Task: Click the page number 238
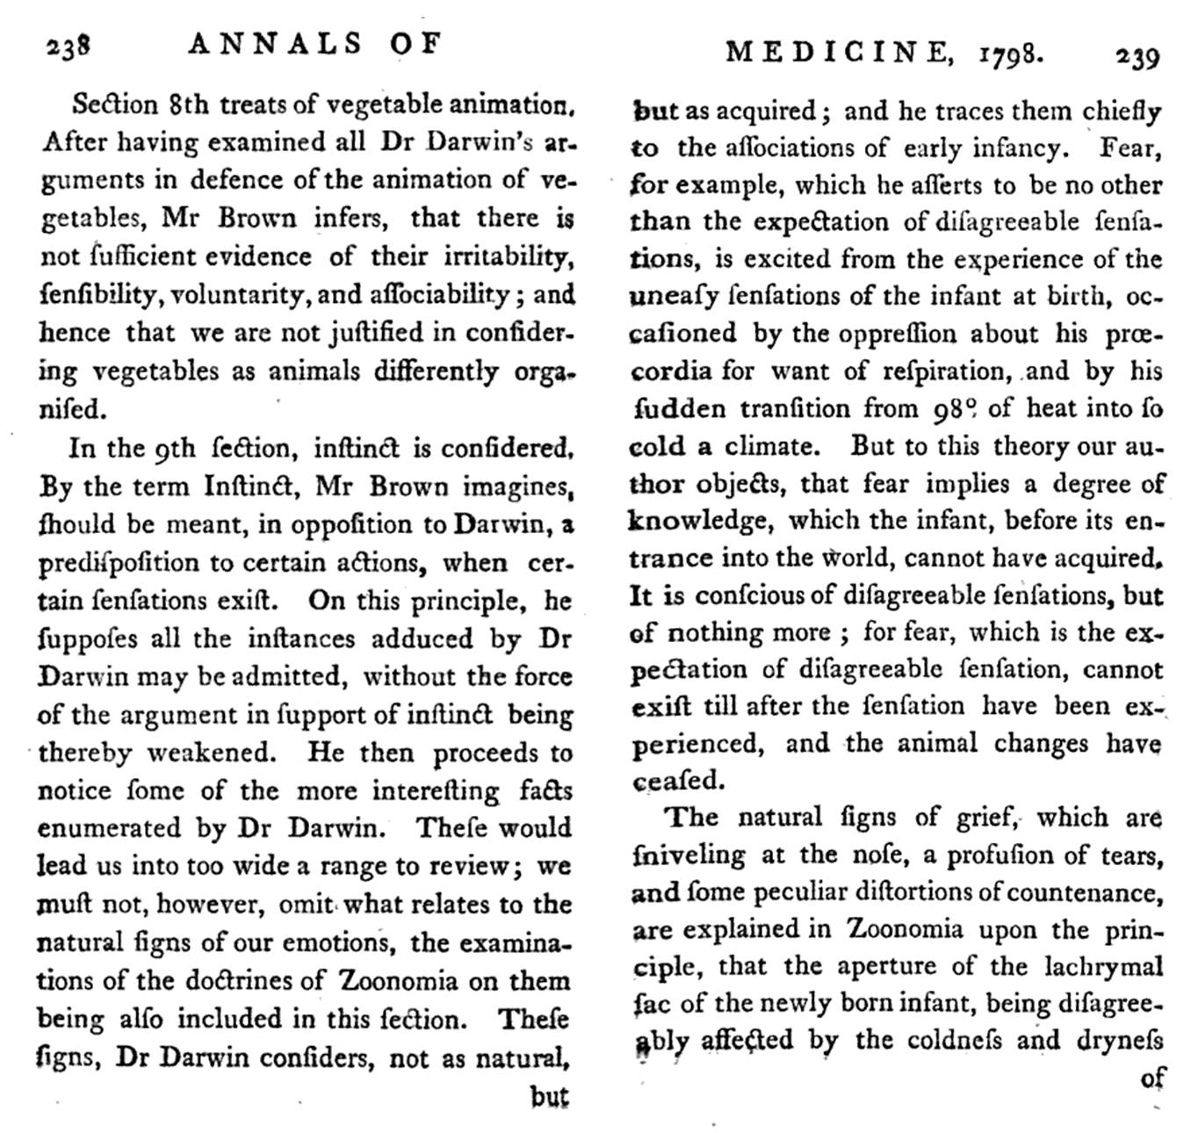pos(69,45)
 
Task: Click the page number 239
pos(1137,58)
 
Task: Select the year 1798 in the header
pos(1011,55)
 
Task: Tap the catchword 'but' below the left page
pos(549,1096)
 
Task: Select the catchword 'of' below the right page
pos(1151,1077)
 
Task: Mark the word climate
pos(772,446)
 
